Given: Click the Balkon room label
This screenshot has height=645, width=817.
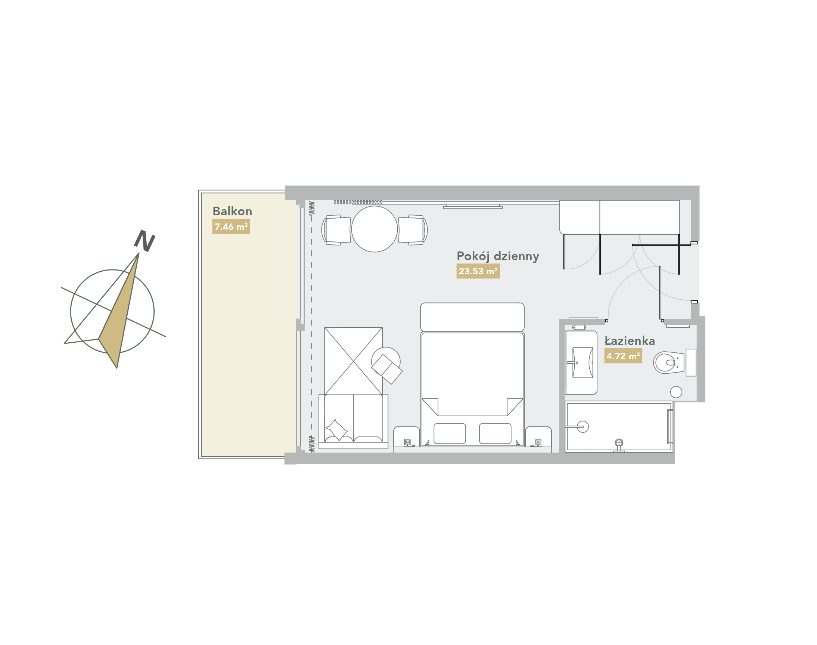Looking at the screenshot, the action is tap(232, 211).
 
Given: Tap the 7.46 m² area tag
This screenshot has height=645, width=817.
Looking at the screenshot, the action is tap(231, 226).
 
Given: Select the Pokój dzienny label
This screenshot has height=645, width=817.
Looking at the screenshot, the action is tap(498, 256).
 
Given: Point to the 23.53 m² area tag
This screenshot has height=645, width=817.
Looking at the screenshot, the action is tap(478, 271).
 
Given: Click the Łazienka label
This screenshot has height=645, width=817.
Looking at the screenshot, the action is tap(630, 341).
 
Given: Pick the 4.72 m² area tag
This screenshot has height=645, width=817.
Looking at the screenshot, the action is tap(623, 356).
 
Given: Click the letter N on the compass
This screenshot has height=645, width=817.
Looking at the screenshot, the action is tap(145, 241).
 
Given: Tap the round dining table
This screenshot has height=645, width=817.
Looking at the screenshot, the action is tap(375, 229).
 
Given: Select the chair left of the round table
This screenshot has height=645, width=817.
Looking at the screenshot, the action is tap(336, 230).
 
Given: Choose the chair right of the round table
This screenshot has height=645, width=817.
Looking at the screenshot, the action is tap(413, 230).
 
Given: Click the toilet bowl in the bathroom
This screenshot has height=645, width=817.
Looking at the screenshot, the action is tap(669, 362).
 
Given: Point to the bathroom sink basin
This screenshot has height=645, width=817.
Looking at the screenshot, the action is tap(583, 362).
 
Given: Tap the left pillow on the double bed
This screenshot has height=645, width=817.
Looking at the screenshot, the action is tap(450, 433).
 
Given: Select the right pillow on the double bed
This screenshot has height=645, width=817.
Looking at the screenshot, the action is tap(495, 433).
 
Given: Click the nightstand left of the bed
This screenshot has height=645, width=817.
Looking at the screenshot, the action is tap(406, 437).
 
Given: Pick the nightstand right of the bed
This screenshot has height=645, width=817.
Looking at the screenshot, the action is tap(538, 437).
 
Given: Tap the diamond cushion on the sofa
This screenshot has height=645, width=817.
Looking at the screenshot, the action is tap(336, 430).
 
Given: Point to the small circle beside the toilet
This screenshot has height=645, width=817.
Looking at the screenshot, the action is tap(676, 392).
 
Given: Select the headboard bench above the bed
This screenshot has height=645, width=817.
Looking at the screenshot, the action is tap(472, 317).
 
